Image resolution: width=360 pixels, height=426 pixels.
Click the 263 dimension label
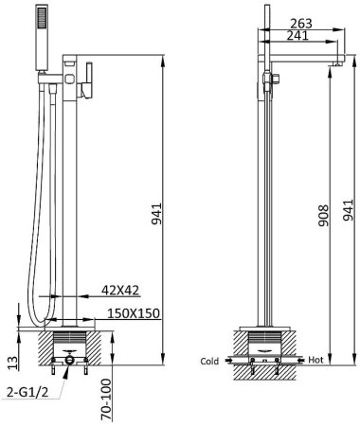[301, 24]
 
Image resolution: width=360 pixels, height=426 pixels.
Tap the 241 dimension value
[297, 36]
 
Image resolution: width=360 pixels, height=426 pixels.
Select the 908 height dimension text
[323, 216]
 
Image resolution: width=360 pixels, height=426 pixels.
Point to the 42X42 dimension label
[120, 290]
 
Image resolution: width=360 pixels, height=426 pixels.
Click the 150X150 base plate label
[134, 313]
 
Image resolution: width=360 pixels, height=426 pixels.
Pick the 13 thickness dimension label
[12, 363]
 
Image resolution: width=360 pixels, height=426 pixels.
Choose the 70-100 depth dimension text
[106, 399]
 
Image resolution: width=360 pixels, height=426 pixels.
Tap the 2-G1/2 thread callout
[27, 392]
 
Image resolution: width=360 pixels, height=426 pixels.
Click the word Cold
[209, 361]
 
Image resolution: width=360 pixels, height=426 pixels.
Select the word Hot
[315, 360]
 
